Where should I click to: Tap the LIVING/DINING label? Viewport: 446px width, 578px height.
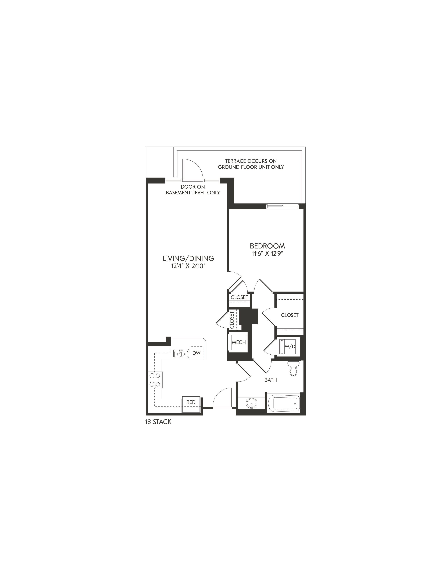188,258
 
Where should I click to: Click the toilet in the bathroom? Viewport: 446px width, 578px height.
293,368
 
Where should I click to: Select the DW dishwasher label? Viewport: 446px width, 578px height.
196,353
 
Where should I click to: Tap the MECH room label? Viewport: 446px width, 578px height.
239,342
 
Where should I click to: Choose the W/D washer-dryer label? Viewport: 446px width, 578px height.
290,346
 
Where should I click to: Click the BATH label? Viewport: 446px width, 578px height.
271,380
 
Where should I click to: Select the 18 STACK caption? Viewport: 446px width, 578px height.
158,422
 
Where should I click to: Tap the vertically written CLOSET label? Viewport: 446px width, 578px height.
232,320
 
